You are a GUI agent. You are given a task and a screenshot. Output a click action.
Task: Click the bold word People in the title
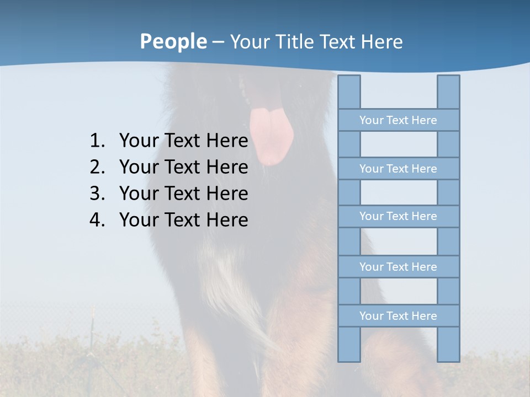click(x=173, y=41)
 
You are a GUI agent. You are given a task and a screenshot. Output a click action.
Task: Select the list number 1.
click(x=97, y=141)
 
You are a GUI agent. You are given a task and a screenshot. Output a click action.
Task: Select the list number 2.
click(x=97, y=167)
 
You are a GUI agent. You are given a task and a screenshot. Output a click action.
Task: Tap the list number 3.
click(x=97, y=194)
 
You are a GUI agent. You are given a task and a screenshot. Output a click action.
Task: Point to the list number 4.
click(x=97, y=220)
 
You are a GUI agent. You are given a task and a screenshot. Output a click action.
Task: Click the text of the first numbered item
click(x=183, y=141)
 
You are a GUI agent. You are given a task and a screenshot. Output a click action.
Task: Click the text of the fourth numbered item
click(x=183, y=220)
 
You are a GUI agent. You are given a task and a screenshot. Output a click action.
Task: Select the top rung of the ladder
click(x=398, y=120)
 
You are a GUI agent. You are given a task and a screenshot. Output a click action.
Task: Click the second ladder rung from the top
click(x=398, y=169)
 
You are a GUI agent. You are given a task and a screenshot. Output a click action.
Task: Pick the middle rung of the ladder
click(x=398, y=216)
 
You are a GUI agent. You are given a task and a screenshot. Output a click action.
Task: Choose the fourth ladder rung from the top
click(x=398, y=267)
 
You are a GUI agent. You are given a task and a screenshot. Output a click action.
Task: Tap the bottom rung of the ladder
click(x=398, y=316)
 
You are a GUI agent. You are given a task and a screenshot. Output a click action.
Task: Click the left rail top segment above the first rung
click(x=349, y=92)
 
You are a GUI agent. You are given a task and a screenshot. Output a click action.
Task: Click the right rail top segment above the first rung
click(x=448, y=92)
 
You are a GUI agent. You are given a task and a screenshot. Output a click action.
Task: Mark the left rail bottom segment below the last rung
click(x=349, y=344)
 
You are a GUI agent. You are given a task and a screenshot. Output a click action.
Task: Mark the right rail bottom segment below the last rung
click(x=448, y=344)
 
